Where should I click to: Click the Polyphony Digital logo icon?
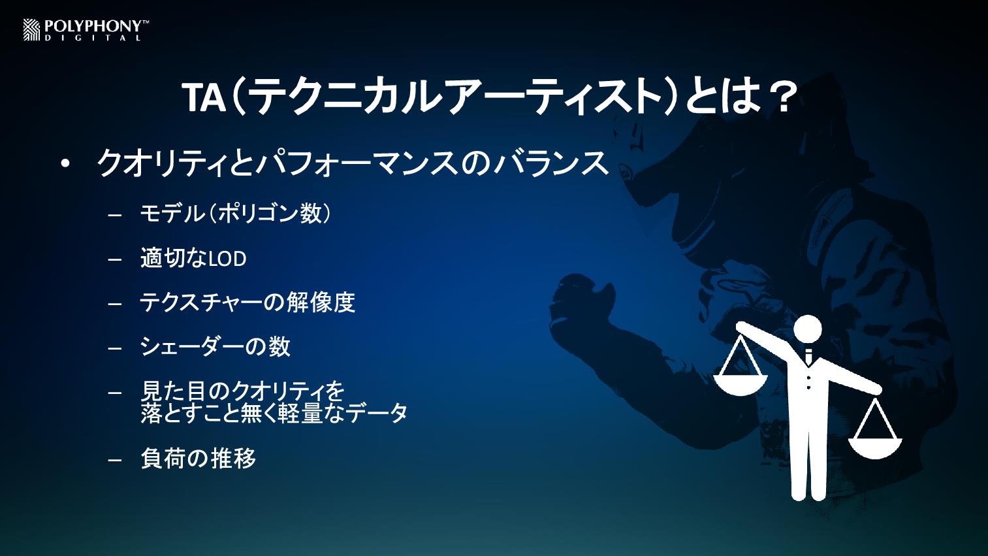(x=31, y=30)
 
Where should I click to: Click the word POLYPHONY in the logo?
(x=93, y=27)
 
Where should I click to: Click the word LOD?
(x=227, y=259)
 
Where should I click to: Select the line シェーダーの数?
(x=215, y=346)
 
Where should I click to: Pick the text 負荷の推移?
(x=198, y=458)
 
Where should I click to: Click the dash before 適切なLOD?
(x=115, y=259)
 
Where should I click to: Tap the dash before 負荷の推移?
(x=115, y=460)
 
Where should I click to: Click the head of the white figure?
(x=808, y=329)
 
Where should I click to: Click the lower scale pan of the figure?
(x=875, y=448)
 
